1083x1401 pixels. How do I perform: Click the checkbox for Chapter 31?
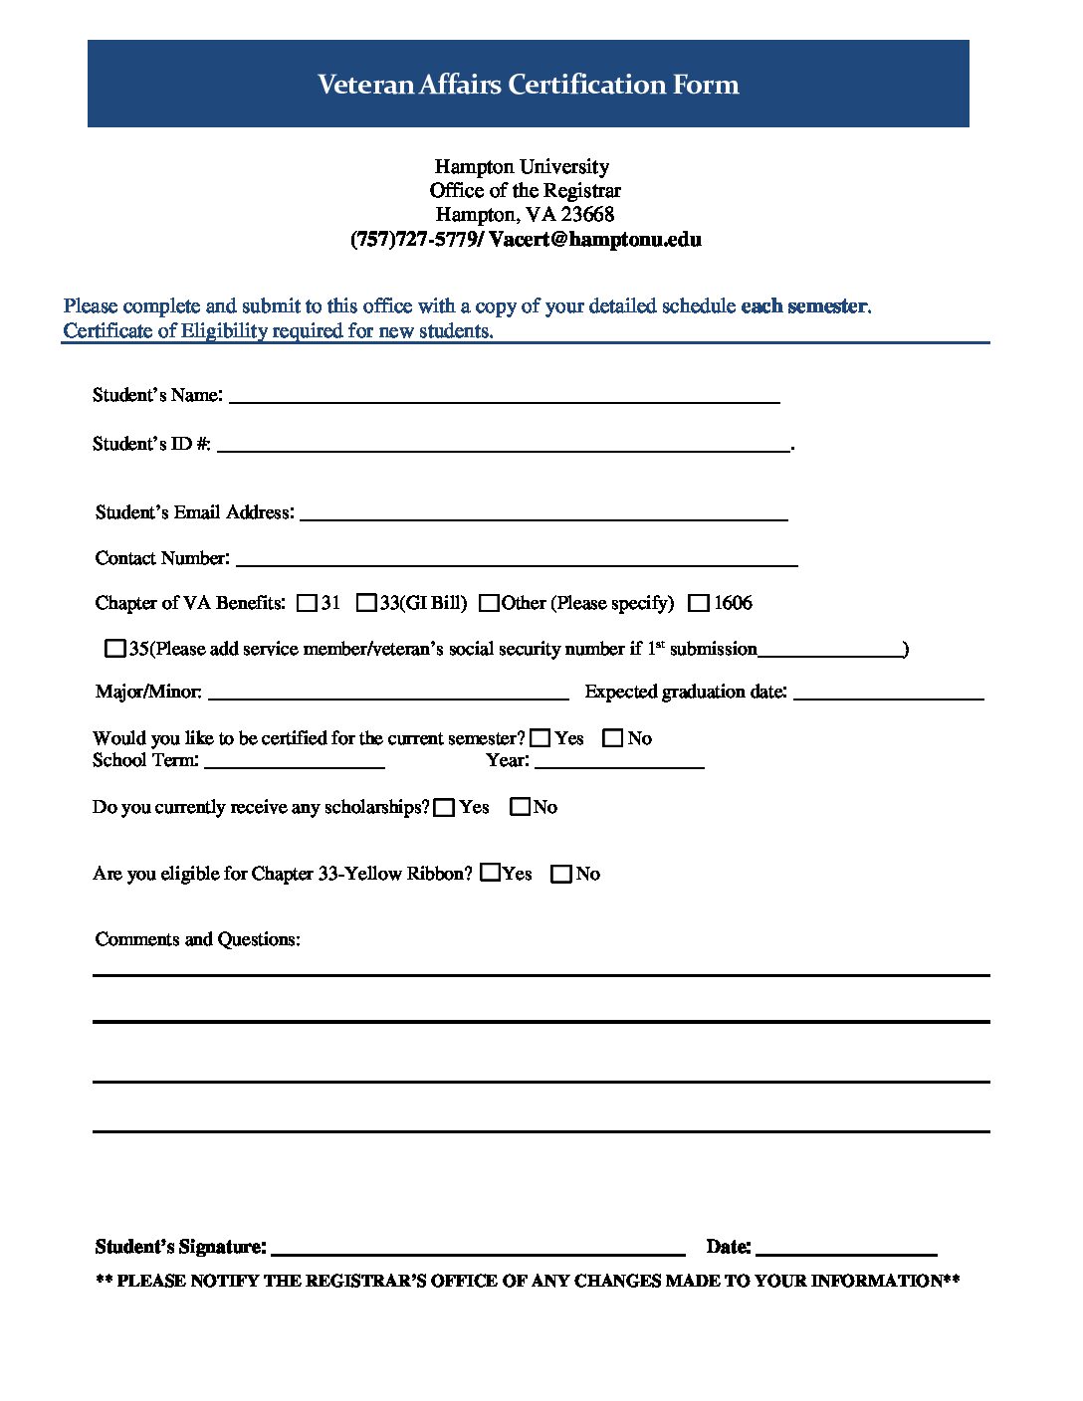click(307, 603)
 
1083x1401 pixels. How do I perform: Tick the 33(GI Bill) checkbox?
click(366, 603)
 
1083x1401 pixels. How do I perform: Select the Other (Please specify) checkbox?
click(489, 603)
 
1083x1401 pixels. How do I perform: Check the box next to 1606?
click(699, 603)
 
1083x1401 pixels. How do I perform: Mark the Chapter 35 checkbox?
click(115, 649)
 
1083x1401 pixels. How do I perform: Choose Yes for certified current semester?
click(541, 738)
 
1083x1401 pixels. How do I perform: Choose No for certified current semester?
click(613, 738)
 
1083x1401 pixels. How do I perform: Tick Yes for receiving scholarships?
click(445, 807)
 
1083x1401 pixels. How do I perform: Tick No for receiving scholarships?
click(521, 807)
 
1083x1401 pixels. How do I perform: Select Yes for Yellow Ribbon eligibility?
click(490, 873)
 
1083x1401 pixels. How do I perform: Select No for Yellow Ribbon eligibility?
click(561, 874)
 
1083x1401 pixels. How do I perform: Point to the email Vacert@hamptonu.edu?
click(595, 240)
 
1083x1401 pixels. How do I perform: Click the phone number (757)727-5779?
click(413, 240)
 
